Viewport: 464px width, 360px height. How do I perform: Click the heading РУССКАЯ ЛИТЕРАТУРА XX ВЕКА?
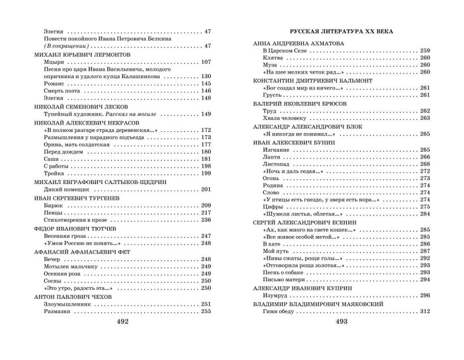[341, 31]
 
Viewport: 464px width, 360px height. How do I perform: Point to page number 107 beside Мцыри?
[206, 61]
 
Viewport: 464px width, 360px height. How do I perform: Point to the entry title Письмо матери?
[282, 279]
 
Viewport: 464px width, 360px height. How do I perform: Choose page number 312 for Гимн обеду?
[426, 311]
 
